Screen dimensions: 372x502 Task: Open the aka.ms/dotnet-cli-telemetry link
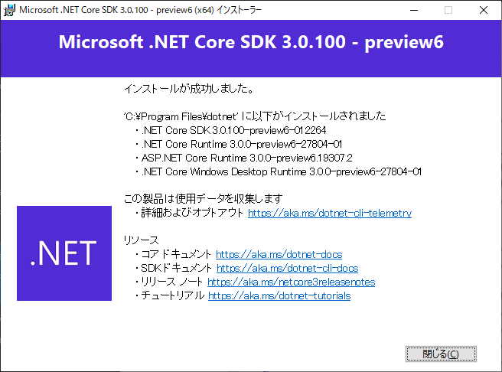[329, 214]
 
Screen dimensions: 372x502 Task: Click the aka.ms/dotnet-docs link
[279, 254]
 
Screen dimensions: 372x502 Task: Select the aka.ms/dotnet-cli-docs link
[287, 268]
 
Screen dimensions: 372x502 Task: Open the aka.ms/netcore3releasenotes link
[291, 282]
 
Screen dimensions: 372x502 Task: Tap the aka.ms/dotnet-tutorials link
[279, 295]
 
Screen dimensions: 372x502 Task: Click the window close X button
[484, 10]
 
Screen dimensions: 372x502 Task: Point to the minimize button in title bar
[413, 10]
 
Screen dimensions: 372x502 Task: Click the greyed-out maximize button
[448, 10]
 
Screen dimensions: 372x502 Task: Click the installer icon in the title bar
[10, 10]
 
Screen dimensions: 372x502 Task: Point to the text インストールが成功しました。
[188, 89]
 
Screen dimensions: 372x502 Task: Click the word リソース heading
[142, 240]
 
